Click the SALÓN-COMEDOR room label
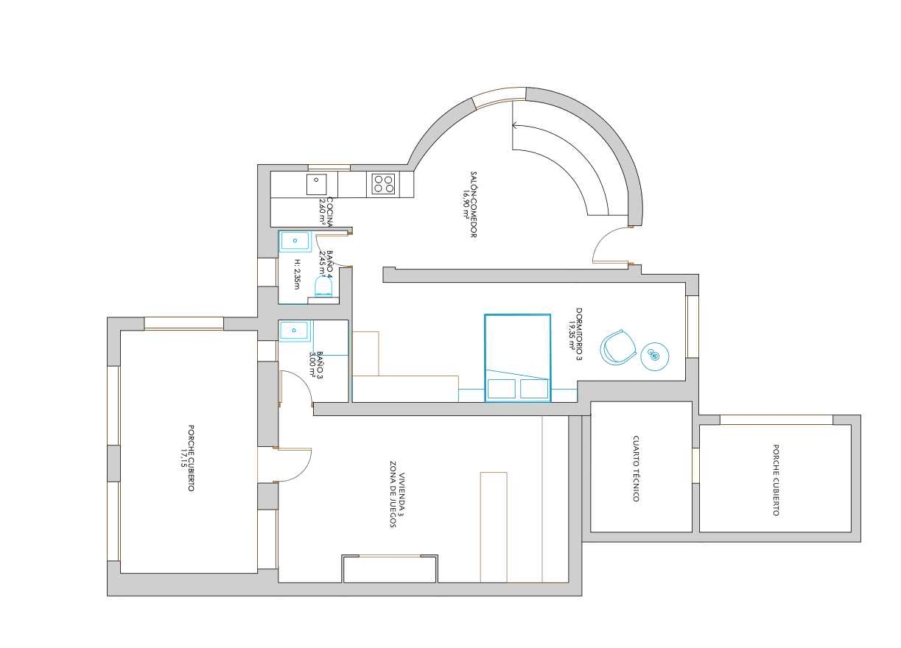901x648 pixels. click(x=474, y=205)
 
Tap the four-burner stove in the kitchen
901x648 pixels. click(x=383, y=183)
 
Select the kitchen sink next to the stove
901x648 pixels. click(x=317, y=185)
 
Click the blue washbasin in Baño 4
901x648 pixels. click(x=295, y=241)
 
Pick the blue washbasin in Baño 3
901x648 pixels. click(x=294, y=331)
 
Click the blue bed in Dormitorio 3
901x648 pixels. click(x=517, y=358)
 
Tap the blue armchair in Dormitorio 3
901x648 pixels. click(x=617, y=348)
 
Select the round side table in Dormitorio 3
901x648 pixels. click(x=655, y=356)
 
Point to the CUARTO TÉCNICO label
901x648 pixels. click(x=636, y=468)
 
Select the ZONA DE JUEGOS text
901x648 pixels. click(x=393, y=494)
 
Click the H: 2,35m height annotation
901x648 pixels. click(x=297, y=274)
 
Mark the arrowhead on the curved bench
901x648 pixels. click(x=514, y=126)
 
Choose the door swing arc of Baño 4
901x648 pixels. click(x=328, y=256)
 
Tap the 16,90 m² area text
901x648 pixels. click(x=466, y=205)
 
